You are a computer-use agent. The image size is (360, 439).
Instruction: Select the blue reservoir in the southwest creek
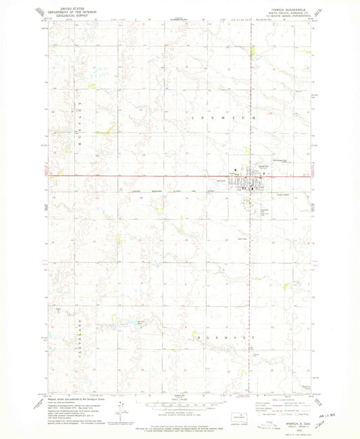tap(140, 322)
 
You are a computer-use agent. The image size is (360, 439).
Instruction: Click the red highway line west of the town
tap(135, 178)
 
